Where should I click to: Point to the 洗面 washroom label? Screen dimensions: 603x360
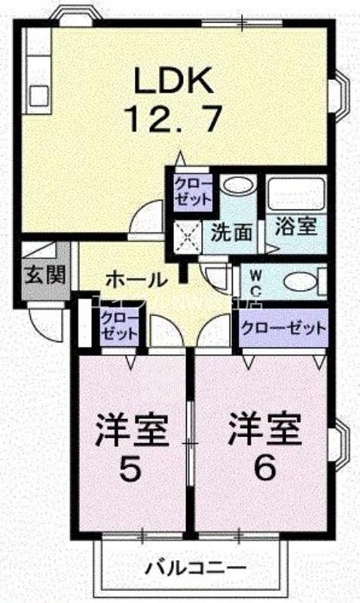[231, 231]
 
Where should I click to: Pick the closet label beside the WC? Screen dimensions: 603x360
[283, 329]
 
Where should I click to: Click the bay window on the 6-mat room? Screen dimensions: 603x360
[338, 445]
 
